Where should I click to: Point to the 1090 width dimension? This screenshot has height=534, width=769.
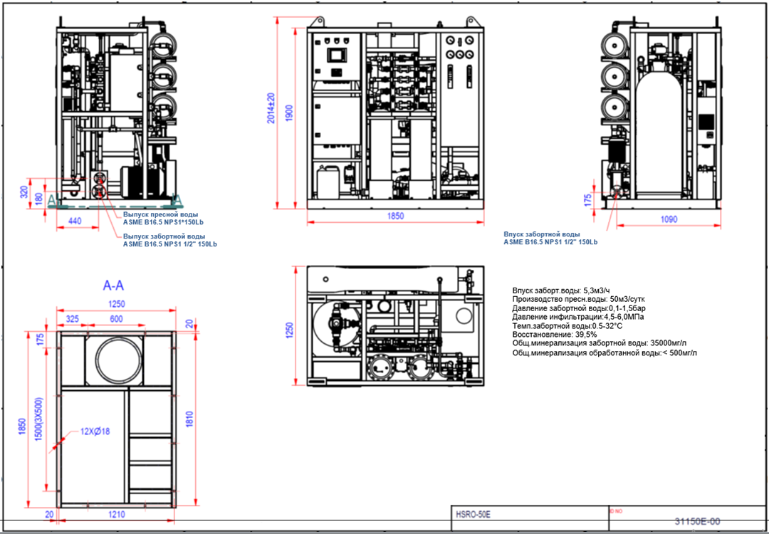point(669,220)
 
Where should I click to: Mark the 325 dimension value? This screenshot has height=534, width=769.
point(72,319)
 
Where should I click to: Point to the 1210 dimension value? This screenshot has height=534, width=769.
point(117,514)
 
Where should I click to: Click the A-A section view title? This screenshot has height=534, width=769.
point(114,286)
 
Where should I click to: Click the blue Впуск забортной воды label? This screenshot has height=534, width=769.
point(541,234)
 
